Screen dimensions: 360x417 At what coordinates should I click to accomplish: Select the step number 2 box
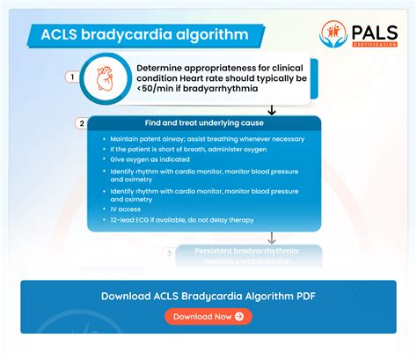pos(82,123)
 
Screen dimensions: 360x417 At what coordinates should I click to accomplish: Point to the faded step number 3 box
pos(170,253)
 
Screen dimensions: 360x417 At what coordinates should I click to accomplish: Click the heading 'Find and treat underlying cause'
pos(208,123)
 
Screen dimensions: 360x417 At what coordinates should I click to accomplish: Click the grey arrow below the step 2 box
pos(272,238)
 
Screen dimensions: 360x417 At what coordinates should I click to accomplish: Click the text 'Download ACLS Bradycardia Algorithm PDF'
pos(208,296)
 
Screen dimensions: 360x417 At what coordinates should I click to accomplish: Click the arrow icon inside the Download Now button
pos(239,316)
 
